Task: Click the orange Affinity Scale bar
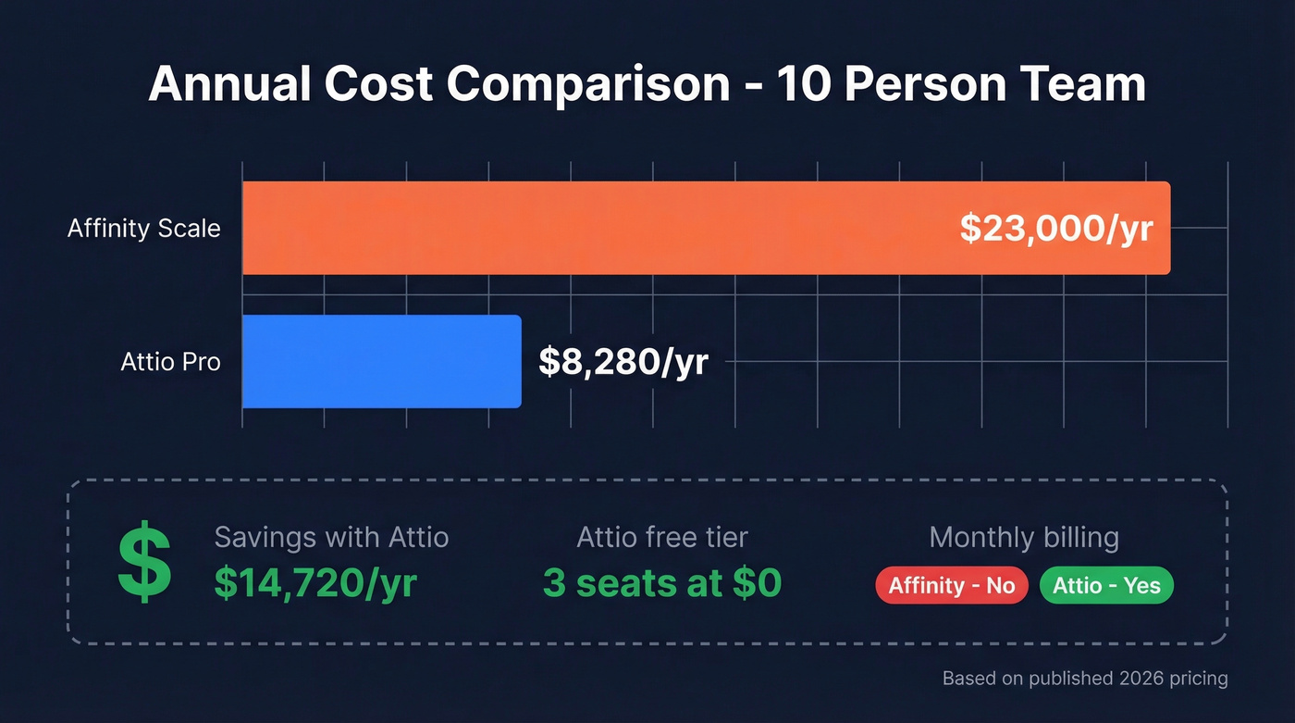pyautogui.click(x=592, y=228)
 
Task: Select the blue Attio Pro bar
pyautogui.click(x=381, y=361)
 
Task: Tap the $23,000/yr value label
pyautogui.click(x=1055, y=228)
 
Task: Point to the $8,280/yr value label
pyautogui.click(x=623, y=362)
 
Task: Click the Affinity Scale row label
pyautogui.click(x=144, y=229)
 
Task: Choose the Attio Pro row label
pyautogui.click(x=171, y=362)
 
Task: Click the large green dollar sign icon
pyautogui.click(x=144, y=562)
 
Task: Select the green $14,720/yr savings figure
pyautogui.click(x=315, y=583)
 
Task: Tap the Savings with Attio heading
pyautogui.click(x=331, y=537)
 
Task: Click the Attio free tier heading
pyautogui.click(x=661, y=537)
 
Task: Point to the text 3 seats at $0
pyautogui.click(x=661, y=583)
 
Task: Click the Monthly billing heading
pyautogui.click(x=1023, y=537)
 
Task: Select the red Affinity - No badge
pyautogui.click(x=951, y=586)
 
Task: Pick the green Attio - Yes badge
pyautogui.click(x=1106, y=586)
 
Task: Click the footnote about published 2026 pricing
pyautogui.click(x=1084, y=679)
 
